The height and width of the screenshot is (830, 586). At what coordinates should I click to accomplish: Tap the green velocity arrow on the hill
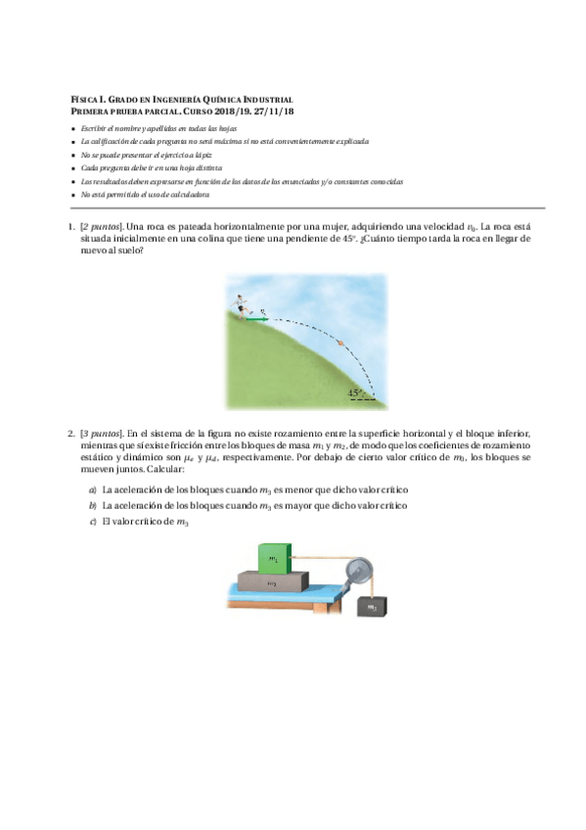tap(257, 318)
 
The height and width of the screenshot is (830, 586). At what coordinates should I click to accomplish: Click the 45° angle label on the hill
tap(355, 393)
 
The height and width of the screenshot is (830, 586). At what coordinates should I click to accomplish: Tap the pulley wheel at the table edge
tap(355, 569)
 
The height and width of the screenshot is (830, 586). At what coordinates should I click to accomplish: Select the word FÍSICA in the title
tap(86, 101)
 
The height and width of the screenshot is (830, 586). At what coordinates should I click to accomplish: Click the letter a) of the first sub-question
tap(92, 488)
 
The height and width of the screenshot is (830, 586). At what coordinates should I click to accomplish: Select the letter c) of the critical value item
tap(92, 522)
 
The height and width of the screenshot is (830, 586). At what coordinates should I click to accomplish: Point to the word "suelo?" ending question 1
tap(129, 250)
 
